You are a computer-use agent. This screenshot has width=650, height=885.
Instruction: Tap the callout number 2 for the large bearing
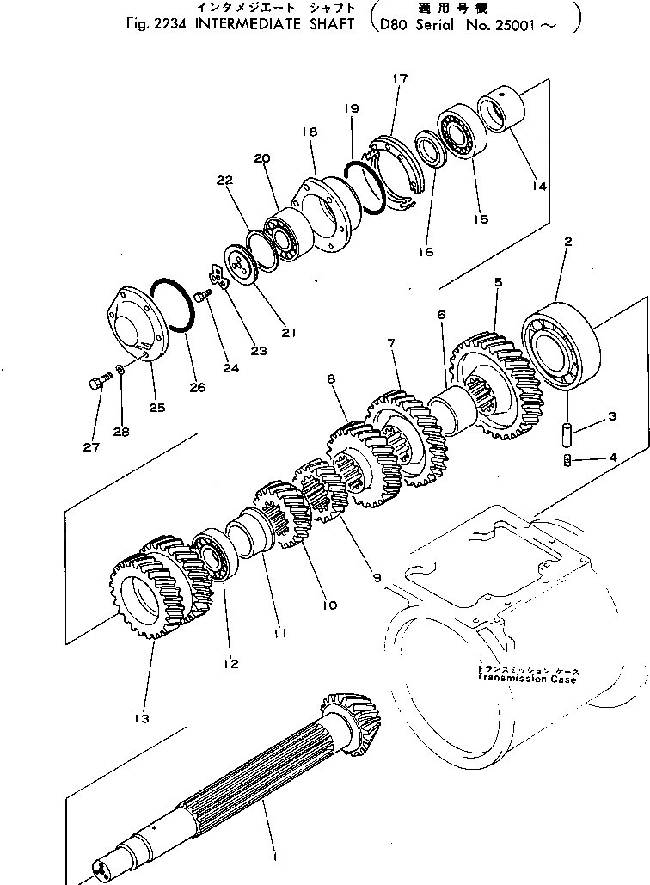[x=568, y=243]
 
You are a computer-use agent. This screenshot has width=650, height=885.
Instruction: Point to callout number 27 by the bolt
[x=92, y=446]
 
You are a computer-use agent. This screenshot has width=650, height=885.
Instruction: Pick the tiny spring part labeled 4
[x=568, y=459]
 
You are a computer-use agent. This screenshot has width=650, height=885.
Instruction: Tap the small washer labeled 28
[x=121, y=370]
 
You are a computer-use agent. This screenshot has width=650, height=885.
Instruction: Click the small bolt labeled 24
[x=202, y=296]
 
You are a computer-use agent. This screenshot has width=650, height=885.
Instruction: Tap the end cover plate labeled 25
[x=133, y=326]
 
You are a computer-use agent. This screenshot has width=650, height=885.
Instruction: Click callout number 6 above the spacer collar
[x=440, y=316]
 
